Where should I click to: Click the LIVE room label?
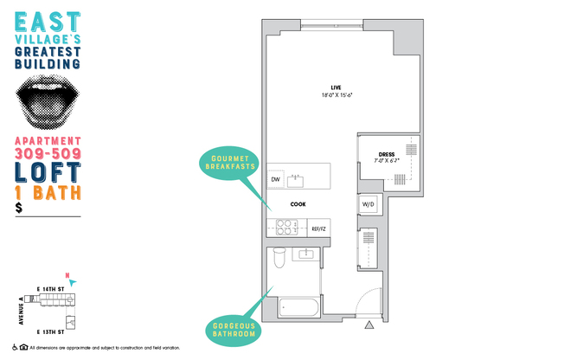click(x=335, y=86)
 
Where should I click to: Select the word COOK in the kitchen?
click(x=298, y=204)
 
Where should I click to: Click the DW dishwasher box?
click(x=276, y=179)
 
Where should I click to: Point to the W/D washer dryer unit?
click(x=368, y=205)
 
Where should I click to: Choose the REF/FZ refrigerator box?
click(x=318, y=228)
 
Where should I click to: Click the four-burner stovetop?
click(x=285, y=228)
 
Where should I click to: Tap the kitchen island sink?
click(x=297, y=180)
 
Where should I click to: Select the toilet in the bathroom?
click(x=279, y=257)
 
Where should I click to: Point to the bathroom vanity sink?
click(x=305, y=253)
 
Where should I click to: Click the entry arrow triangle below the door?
click(x=369, y=326)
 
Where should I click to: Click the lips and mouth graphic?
click(x=48, y=101)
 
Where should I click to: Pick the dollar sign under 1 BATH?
click(x=19, y=209)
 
